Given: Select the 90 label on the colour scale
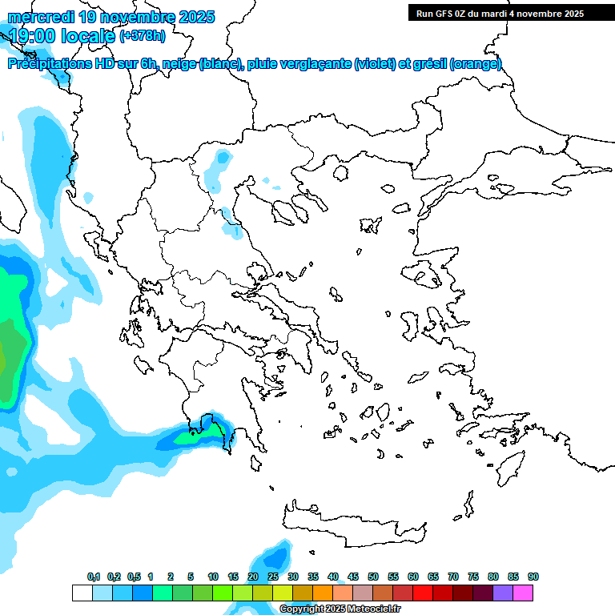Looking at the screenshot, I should click(533, 577).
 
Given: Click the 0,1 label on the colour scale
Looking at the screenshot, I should click(93, 577).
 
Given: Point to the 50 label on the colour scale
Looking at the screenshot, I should click(373, 577).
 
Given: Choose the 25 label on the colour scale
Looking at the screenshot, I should click(273, 577).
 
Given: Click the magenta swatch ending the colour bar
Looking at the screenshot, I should click(523, 593).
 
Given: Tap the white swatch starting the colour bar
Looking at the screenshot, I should click(82, 593).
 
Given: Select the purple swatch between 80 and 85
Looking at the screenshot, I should click(503, 593).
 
